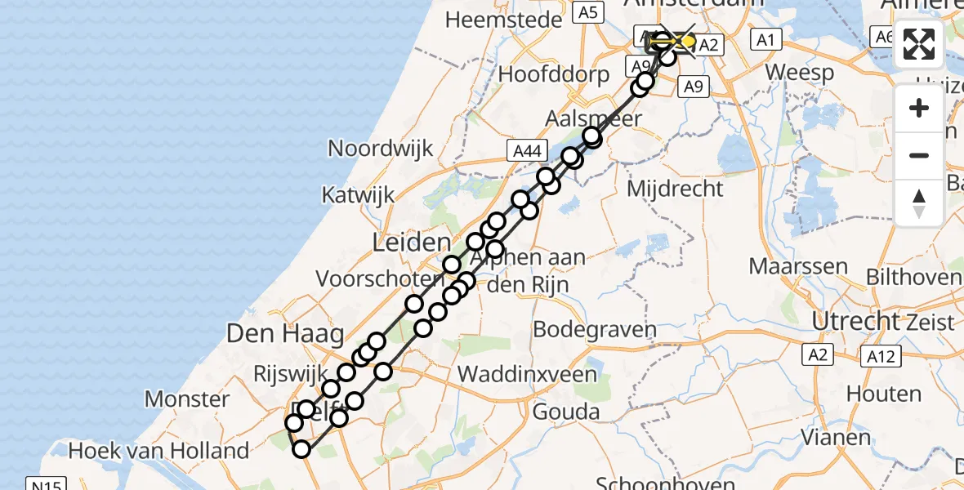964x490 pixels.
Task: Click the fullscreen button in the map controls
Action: [x=919, y=44]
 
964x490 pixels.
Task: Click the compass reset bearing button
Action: [x=919, y=202]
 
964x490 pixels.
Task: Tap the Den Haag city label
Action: [x=286, y=333]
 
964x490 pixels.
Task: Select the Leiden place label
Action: [x=412, y=242]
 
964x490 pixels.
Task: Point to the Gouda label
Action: [x=565, y=412]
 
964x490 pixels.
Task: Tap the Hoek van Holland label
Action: [x=158, y=450]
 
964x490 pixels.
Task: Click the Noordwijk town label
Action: [x=381, y=148]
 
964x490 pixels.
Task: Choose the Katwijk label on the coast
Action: [x=358, y=195]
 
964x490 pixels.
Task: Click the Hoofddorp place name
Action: [x=554, y=74]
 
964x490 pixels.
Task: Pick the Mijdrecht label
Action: [x=675, y=189]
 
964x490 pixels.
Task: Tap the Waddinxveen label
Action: [x=528, y=374]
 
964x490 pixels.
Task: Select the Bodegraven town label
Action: [x=595, y=330]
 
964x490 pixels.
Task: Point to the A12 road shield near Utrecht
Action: [x=880, y=355]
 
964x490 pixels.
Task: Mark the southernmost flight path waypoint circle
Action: [x=302, y=449]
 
